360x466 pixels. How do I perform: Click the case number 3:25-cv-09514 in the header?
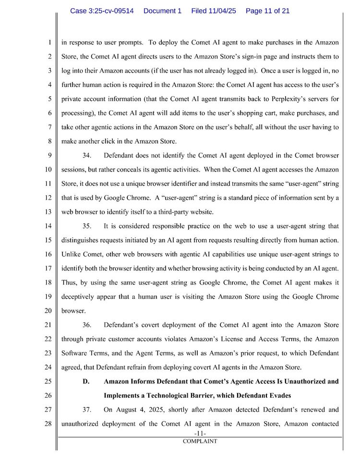[102, 11]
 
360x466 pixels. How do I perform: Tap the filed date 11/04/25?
[214, 11]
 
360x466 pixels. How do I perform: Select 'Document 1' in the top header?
[162, 11]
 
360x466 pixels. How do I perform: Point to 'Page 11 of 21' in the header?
[267, 11]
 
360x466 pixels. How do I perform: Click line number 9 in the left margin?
[49, 156]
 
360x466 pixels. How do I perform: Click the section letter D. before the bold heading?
[86, 381]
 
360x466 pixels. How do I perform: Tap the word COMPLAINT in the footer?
[200, 441]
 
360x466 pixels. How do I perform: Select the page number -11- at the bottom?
[200, 434]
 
